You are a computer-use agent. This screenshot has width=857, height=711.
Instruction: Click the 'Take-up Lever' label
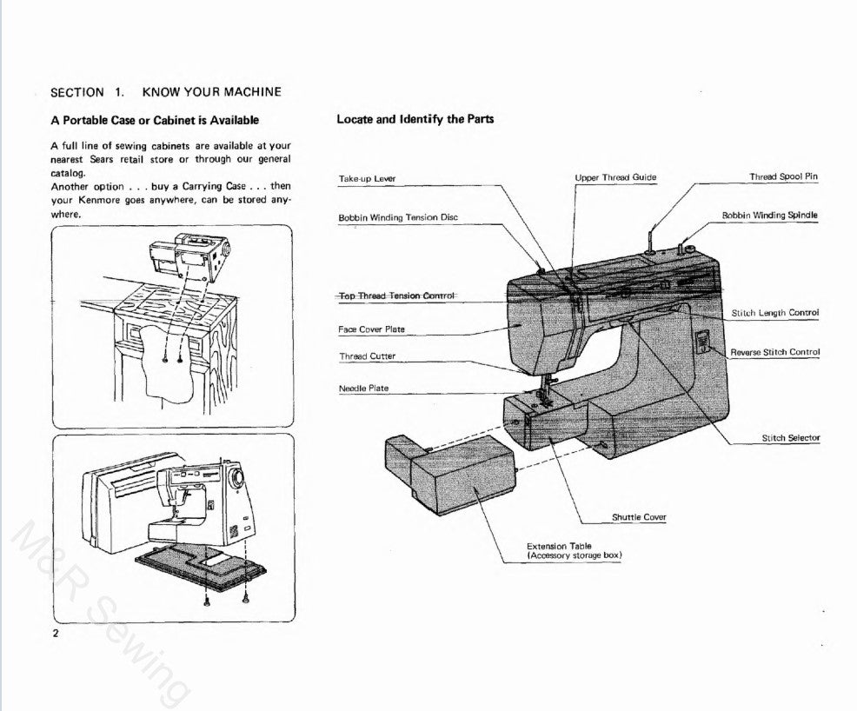pos(367,178)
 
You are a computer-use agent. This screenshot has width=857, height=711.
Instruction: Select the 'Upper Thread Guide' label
pos(615,177)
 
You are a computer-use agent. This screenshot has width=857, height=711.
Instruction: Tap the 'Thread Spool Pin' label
pos(783,176)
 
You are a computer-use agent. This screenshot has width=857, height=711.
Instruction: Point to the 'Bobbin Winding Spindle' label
pos(769,215)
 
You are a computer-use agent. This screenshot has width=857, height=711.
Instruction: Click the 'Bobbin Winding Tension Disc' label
pos(397,216)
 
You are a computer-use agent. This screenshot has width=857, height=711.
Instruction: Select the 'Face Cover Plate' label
pos(371,329)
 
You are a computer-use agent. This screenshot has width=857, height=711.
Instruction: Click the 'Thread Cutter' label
pos(367,356)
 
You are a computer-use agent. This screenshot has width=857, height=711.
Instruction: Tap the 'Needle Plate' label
pos(363,389)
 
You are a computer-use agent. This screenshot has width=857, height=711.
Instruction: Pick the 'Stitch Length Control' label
pos(775,313)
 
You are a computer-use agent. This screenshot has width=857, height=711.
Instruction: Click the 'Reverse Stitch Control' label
pos(774,352)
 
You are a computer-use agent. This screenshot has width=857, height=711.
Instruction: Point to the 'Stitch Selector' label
pos(790,438)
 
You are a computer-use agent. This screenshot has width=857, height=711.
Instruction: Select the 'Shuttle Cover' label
pos(639,517)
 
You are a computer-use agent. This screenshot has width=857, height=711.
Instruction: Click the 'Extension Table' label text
pos(559,546)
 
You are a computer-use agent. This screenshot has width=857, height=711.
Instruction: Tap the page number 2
pos(56,633)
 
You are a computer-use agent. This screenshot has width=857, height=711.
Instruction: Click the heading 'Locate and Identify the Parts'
pos(415,119)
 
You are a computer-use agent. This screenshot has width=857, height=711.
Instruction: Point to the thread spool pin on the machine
pos(650,236)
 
